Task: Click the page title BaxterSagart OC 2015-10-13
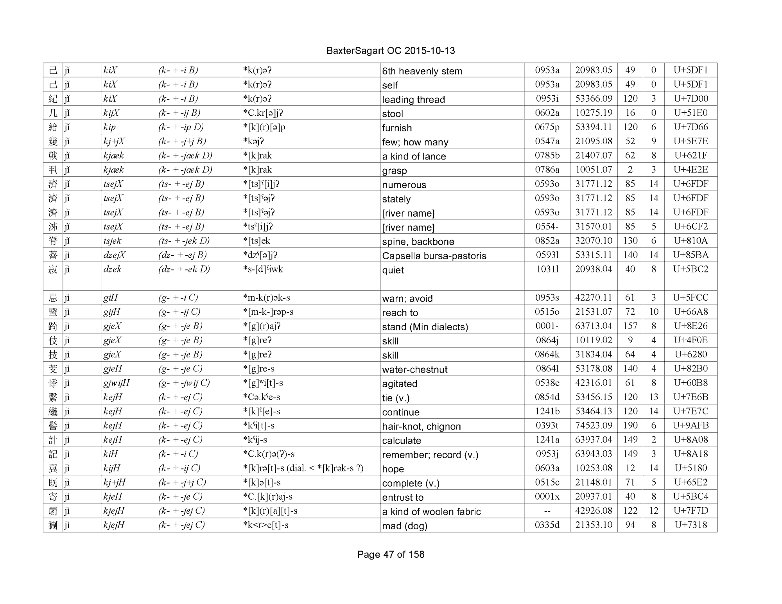tap(390, 51)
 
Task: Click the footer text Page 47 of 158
tap(390, 554)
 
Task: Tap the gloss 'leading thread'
tap(413, 100)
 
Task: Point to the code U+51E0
tap(690, 113)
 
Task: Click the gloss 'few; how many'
tap(415, 142)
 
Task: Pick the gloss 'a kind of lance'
tap(414, 156)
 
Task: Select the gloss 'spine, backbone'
tap(418, 242)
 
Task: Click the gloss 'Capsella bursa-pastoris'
tap(434, 256)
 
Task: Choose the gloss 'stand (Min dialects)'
tap(425, 327)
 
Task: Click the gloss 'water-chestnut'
tap(414, 369)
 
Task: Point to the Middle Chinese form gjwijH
tap(116, 383)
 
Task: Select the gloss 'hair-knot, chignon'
tap(421, 427)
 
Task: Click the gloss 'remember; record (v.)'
tap(430, 455)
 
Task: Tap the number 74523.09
tap(593, 426)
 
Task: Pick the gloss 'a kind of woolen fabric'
tap(431, 512)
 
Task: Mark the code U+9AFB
tap(690, 426)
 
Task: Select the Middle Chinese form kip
tap(109, 127)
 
